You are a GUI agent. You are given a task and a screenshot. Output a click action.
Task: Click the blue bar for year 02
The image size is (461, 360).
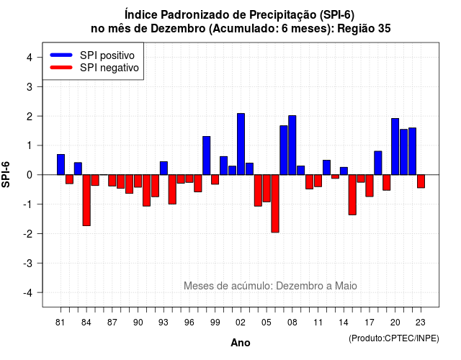click(241, 144)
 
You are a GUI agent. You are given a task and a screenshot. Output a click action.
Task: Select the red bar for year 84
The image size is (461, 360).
click(86, 200)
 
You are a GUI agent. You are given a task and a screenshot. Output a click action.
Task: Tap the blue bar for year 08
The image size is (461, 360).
click(292, 145)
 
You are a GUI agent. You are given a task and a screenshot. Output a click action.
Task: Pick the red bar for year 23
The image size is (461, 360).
click(421, 181)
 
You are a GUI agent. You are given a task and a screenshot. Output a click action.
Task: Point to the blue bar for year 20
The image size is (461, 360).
click(395, 147)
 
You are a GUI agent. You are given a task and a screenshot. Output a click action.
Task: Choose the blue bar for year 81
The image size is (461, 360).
click(61, 165)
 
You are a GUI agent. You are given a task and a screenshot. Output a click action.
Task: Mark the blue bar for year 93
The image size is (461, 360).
click(164, 168)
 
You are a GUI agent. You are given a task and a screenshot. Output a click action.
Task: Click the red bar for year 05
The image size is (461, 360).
click(267, 189)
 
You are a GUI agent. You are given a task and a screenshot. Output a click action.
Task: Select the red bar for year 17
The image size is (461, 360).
click(370, 186)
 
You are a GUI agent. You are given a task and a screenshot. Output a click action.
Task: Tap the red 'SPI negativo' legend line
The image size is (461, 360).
click(61, 68)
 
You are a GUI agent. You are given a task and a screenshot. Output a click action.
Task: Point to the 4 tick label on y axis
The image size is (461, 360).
click(30, 58)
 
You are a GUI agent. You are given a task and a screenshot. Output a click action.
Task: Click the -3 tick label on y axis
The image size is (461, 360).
click(28, 263)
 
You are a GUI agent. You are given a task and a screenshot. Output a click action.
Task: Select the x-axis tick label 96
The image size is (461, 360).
click(189, 323)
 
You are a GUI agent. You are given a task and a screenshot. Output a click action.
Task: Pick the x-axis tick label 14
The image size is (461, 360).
click(344, 323)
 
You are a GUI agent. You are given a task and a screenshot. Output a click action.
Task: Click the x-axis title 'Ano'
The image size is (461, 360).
click(241, 343)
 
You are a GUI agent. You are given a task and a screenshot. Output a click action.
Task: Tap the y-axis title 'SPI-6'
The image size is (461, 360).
click(6, 174)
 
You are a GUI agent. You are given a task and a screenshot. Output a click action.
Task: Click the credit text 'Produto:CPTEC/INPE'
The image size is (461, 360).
click(394, 338)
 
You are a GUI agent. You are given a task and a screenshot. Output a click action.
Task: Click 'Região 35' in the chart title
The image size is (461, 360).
click(364, 29)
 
